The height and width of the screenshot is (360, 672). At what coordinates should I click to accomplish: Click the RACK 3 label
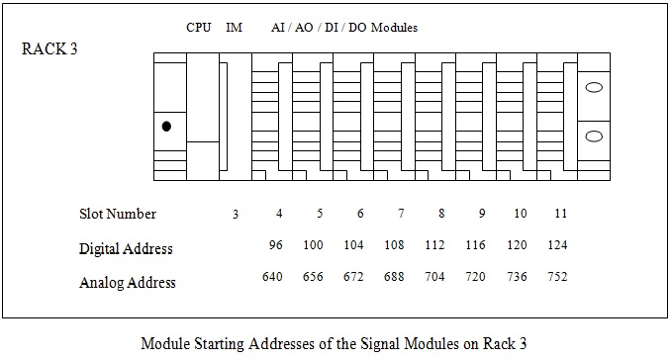point(49,50)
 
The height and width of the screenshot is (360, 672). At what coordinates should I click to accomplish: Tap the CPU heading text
point(198,28)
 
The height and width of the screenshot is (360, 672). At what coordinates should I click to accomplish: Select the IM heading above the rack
point(235,28)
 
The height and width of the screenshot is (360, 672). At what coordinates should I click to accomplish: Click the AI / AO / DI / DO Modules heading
point(343,28)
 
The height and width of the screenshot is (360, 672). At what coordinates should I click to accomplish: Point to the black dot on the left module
point(166,127)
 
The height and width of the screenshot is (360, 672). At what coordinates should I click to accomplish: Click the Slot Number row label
point(118,214)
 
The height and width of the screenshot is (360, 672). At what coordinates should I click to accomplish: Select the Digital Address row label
point(126,248)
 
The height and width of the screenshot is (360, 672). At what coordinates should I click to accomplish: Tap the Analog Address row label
point(127,283)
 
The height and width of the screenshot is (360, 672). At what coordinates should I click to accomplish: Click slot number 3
point(235,215)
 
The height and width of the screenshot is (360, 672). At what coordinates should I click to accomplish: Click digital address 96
point(276,243)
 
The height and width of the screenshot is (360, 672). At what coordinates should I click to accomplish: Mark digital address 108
point(394,243)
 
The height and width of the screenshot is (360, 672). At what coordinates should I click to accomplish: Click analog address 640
point(272,277)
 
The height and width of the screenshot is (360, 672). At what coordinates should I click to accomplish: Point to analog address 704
point(434,277)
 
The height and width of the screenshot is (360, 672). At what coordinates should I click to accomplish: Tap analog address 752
point(556,277)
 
